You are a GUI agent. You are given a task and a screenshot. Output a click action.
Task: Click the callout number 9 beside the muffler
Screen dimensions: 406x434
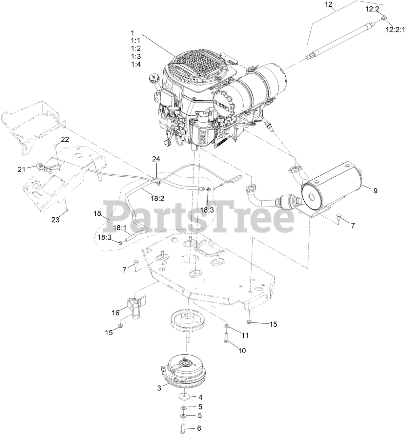pyautogui.click(x=375, y=191)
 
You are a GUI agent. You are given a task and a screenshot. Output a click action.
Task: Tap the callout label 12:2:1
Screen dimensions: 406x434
pyautogui.click(x=395, y=30)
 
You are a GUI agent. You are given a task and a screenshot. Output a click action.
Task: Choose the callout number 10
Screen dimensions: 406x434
pyautogui.click(x=242, y=351)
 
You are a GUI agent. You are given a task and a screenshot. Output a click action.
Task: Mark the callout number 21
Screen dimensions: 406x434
pyautogui.click(x=22, y=170)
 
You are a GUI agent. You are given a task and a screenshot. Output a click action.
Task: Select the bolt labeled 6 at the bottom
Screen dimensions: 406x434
pyautogui.click(x=183, y=428)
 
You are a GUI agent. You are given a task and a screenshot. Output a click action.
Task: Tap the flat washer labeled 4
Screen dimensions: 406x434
pyautogui.click(x=183, y=397)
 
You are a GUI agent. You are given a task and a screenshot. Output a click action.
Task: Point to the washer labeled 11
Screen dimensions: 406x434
pyautogui.click(x=226, y=326)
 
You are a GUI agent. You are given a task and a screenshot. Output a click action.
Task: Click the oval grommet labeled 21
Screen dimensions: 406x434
pyautogui.click(x=40, y=166)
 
